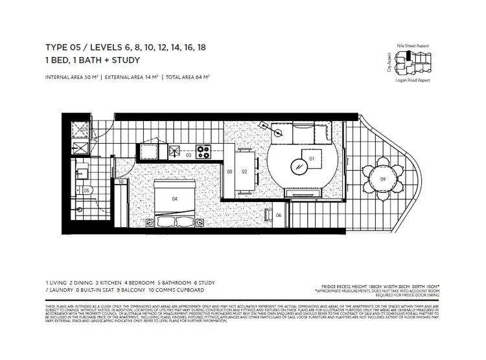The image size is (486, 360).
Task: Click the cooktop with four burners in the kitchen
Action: click(203, 153)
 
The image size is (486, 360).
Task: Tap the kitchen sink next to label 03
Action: click(175, 152)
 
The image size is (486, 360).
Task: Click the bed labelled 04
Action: click(174, 199)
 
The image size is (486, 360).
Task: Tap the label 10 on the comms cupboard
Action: click(121, 182)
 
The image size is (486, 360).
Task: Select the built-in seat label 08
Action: click(229, 172)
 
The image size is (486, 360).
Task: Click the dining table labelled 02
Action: click(245, 172)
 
